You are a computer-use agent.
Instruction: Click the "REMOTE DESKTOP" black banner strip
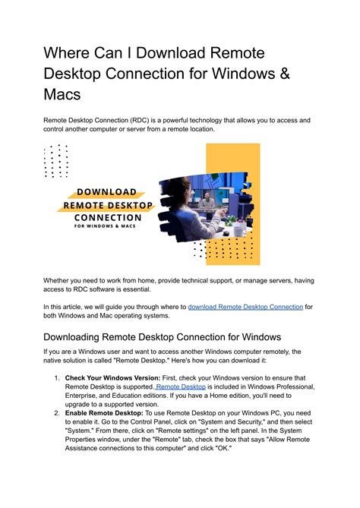click(107, 205)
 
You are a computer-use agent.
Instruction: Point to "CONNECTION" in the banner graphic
click(107, 219)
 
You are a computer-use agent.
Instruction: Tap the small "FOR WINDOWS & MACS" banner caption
click(107, 229)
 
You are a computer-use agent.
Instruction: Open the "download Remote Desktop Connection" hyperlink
click(245, 307)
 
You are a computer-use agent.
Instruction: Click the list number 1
click(56, 377)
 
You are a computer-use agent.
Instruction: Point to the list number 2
click(56, 414)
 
